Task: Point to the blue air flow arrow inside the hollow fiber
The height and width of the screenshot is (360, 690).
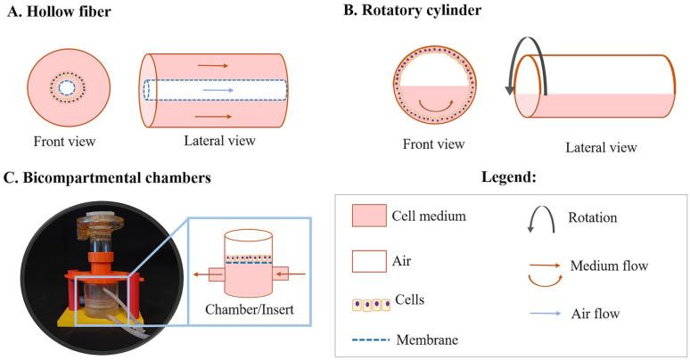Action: [214, 91]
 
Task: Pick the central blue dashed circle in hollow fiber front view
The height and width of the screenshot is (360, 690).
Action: [67, 90]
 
